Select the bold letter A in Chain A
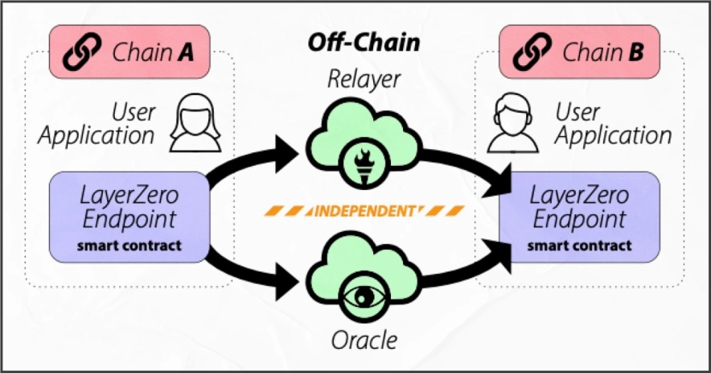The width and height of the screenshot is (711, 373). (185, 53)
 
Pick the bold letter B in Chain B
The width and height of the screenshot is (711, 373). (635, 53)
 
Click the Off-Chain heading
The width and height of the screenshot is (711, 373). (364, 42)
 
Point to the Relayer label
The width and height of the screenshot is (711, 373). (364, 79)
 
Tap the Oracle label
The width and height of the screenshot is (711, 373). (364, 340)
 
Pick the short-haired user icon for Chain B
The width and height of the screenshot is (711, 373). (513, 122)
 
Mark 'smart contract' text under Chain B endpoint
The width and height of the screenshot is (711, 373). (580, 245)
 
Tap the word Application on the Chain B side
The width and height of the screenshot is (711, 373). (613, 135)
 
